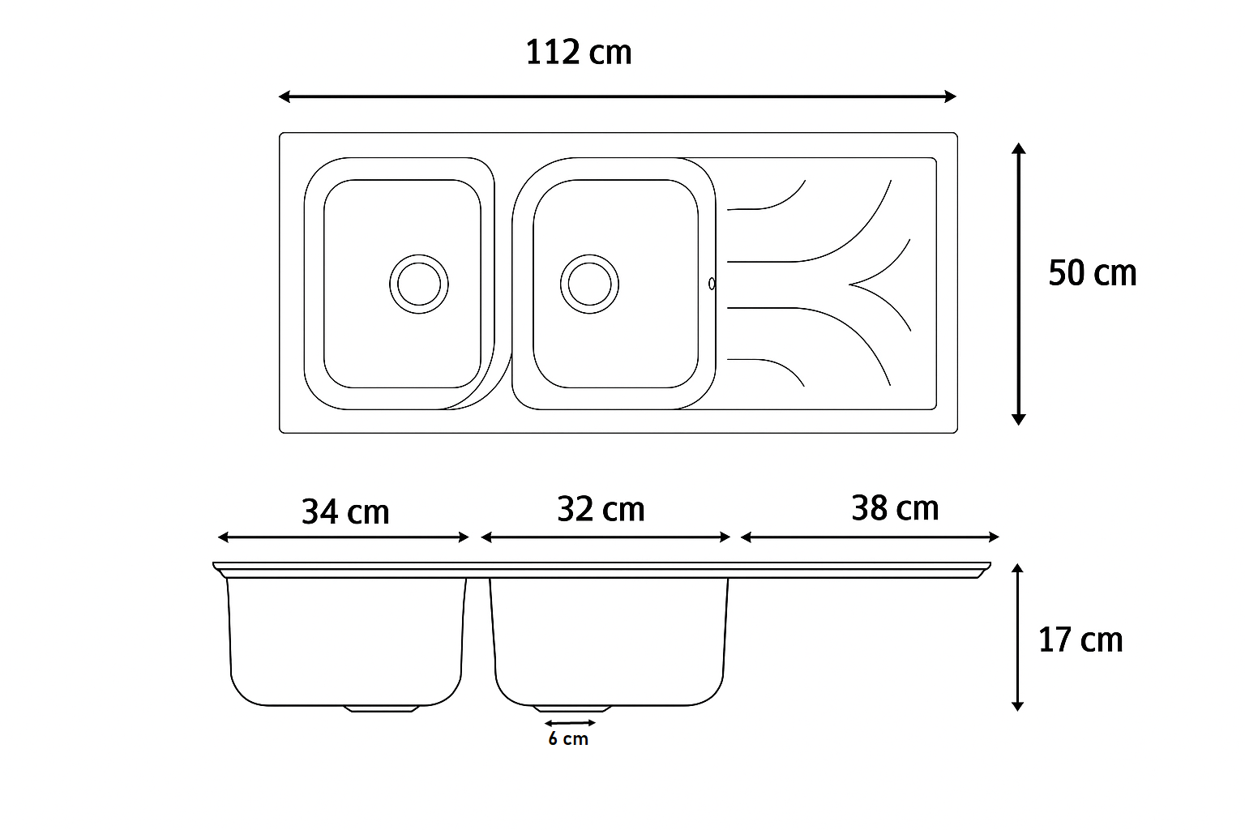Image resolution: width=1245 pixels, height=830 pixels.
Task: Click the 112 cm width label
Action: tap(579, 52)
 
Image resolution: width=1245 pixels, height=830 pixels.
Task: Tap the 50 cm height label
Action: tap(1092, 273)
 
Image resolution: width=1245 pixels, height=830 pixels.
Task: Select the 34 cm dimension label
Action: tap(345, 511)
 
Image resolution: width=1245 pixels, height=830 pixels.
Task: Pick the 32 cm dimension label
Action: tap(601, 509)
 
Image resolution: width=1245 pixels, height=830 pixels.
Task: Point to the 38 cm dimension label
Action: tap(895, 507)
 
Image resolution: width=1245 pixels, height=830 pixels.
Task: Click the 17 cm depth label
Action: tap(1080, 640)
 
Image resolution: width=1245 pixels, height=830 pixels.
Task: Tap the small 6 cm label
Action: tap(568, 739)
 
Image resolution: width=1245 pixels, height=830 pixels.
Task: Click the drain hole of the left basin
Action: tap(419, 284)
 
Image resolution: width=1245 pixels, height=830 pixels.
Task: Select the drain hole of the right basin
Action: tap(590, 284)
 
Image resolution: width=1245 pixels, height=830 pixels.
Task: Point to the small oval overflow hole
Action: tap(712, 284)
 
